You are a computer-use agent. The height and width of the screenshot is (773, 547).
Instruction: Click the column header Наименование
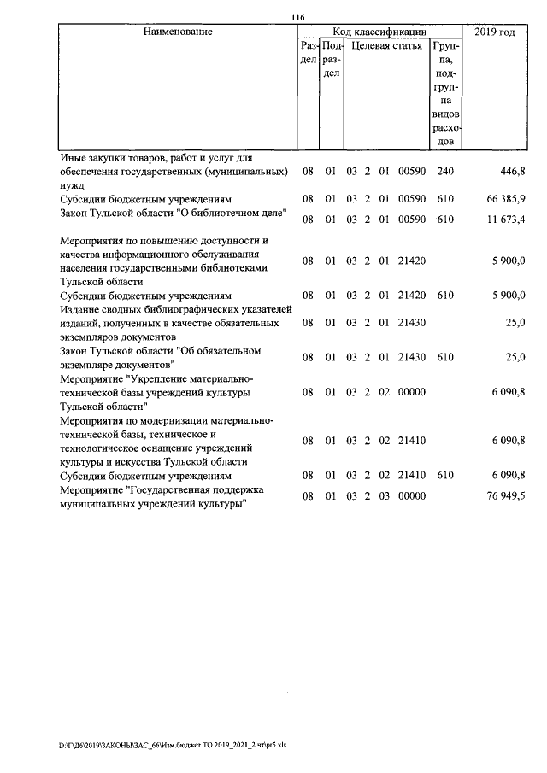tap(177, 32)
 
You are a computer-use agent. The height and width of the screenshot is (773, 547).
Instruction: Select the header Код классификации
tap(380, 32)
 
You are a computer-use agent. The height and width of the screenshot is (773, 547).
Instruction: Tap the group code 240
tap(444, 172)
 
